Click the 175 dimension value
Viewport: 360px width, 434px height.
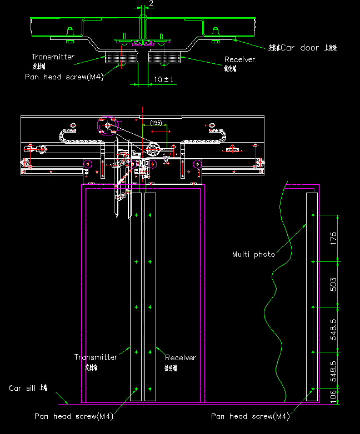coord(333,238)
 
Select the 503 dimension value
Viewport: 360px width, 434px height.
coord(333,283)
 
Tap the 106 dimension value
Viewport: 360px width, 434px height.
coord(333,395)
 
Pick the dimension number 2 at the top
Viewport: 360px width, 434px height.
coord(151,3)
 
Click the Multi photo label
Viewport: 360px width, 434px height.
coord(253,254)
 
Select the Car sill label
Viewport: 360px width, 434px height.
coord(28,388)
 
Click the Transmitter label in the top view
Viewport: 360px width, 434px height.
coord(53,57)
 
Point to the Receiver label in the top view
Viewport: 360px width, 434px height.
coord(239,59)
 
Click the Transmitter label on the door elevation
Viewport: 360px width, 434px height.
coord(96,357)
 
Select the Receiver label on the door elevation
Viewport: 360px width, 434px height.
coord(181,358)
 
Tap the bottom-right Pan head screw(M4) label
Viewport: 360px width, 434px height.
coord(250,416)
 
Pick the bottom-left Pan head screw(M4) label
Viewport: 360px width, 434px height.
coord(73,416)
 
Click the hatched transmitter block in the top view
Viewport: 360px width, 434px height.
coord(121,57)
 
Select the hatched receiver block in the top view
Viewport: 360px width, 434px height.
coord(164,57)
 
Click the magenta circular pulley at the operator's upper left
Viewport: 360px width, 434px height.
coord(106,127)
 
